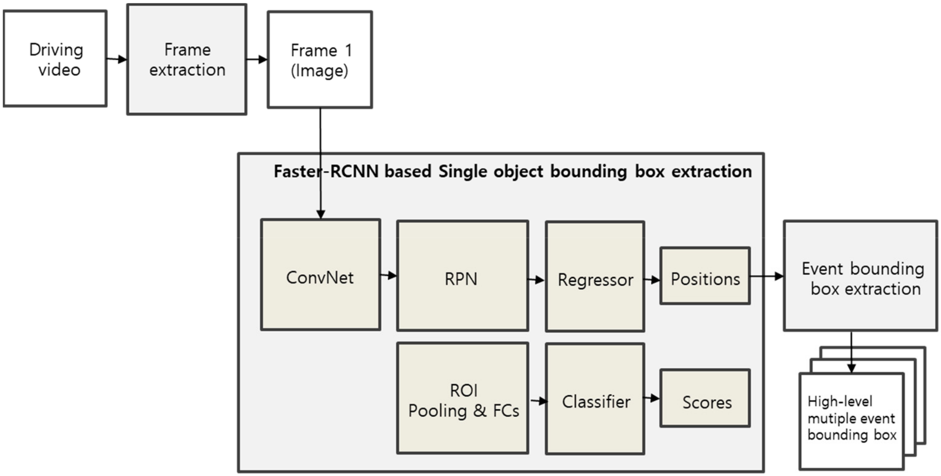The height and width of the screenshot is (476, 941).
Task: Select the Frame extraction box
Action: click(x=187, y=59)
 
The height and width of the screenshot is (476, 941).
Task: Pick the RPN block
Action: click(x=462, y=276)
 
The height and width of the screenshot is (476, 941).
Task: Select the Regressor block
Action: click(x=595, y=277)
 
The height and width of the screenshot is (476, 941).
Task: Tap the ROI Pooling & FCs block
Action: click(x=462, y=398)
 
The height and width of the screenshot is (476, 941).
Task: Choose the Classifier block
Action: click(x=595, y=399)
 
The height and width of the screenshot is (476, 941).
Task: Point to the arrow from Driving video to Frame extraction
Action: click(x=116, y=59)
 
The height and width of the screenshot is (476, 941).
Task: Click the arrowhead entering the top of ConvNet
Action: click(x=320, y=214)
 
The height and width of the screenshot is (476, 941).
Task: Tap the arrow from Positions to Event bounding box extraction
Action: click(x=766, y=276)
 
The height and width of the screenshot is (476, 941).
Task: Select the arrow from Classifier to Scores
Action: click(x=652, y=398)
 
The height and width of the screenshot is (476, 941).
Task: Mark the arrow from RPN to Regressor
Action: click(x=536, y=280)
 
